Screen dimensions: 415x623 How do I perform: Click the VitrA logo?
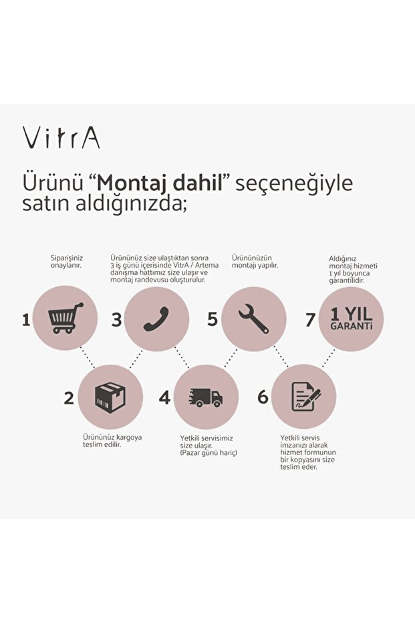[x=61, y=139]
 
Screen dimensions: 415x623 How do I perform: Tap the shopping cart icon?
[x=65, y=318]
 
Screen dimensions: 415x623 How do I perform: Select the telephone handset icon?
[x=156, y=319]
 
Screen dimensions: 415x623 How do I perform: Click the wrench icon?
[x=253, y=319]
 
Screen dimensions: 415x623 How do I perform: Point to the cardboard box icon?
[x=110, y=397]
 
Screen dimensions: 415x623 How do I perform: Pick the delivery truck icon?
[x=206, y=397]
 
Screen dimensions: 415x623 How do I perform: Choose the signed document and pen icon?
[x=306, y=397]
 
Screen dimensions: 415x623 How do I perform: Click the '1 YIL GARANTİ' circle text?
[x=352, y=319]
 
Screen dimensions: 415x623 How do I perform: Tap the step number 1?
[x=26, y=320]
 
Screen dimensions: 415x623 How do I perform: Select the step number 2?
[x=69, y=398]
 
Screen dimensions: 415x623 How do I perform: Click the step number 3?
[x=116, y=320]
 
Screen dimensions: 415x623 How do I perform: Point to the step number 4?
[x=164, y=397]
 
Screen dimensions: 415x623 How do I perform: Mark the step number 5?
[x=213, y=319]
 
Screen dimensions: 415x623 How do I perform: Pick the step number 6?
[x=263, y=397]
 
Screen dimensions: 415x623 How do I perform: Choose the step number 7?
[x=310, y=320]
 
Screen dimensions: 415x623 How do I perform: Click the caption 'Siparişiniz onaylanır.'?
[x=67, y=262]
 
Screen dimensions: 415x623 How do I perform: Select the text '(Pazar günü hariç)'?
[x=209, y=453]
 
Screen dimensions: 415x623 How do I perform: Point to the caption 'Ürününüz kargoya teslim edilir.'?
[x=112, y=441]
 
